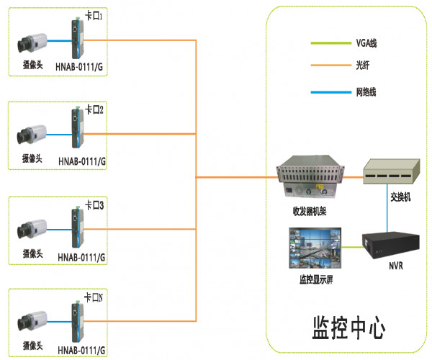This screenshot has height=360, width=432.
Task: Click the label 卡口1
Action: click(x=95, y=16)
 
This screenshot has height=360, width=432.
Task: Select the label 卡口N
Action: click(x=95, y=296)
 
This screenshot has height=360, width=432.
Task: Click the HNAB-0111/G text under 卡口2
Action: click(x=81, y=162)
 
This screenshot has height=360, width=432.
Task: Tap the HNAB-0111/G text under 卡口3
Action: click(x=81, y=257)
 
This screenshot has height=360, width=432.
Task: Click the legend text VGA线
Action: click(x=366, y=43)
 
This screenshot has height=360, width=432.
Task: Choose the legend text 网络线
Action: click(x=366, y=92)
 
